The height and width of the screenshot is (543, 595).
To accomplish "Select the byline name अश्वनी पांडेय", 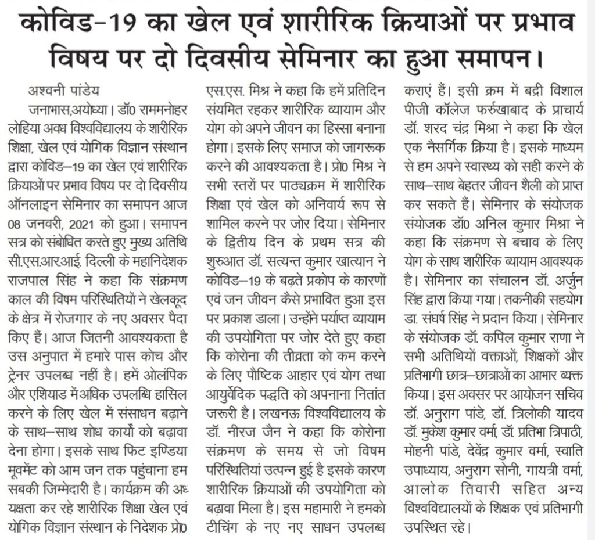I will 64,91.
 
